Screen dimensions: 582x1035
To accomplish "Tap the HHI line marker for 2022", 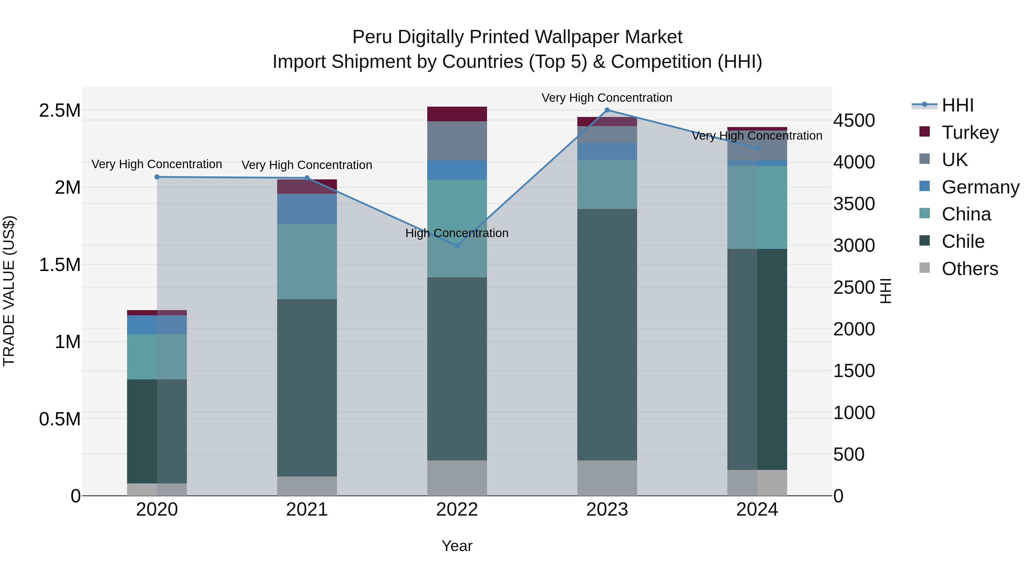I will (x=457, y=246).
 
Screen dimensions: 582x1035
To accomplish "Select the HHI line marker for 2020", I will (x=157, y=177).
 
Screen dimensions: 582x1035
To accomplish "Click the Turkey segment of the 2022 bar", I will (x=457, y=114).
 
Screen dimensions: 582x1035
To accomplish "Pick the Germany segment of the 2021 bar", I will (x=307, y=209).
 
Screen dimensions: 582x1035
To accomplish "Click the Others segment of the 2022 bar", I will (x=457, y=478).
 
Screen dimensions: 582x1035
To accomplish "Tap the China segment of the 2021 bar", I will (x=307, y=262).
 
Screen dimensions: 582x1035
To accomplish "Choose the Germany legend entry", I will (x=980, y=187).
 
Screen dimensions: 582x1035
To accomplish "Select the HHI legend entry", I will (x=957, y=105).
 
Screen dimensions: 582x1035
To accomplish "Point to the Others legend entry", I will (x=969, y=269).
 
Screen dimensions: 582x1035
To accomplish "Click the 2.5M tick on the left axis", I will (x=60, y=110).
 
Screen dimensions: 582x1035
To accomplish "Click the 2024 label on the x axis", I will (x=757, y=510).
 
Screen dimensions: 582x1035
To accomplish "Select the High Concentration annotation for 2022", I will (x=457, y=233).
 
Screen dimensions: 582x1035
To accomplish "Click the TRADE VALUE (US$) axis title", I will (x=9, y=291).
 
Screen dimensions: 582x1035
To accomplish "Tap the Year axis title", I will (x=457, y=546).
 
